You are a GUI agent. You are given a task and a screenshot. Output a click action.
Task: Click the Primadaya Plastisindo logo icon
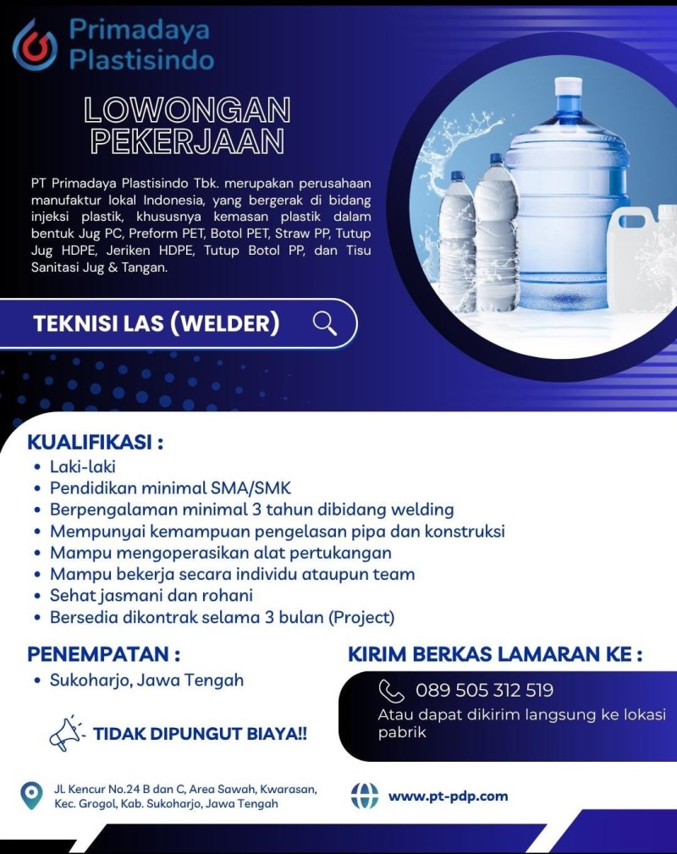point(35,45)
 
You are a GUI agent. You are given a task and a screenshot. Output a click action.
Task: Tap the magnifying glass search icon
point(325,322)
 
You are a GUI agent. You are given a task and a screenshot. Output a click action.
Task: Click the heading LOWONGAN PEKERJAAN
point(187,125)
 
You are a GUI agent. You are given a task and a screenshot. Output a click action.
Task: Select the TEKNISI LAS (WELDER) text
point(157,323)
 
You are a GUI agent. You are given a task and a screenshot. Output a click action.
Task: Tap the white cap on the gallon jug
point(568,89)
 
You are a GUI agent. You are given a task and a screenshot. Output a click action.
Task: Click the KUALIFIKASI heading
point(95,443)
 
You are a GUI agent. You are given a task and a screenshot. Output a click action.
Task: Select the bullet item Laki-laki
point(83,466)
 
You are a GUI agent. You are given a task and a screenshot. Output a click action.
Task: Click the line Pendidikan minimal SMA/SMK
point(170,488)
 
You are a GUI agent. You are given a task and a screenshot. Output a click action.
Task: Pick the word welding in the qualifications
point(416,510)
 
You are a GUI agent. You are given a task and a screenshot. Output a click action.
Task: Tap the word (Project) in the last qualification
point(361,617)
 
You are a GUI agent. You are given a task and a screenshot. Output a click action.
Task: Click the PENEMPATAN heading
point(104,654)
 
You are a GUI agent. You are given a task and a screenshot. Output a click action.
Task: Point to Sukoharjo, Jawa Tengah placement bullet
point(146,680)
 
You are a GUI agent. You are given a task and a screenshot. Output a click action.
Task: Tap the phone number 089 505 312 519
point(484,691)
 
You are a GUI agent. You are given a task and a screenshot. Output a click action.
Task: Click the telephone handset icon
point(391,691)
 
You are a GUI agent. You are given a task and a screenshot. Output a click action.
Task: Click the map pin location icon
point(31,796)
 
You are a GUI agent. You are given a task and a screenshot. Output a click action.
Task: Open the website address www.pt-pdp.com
point(448,796)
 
